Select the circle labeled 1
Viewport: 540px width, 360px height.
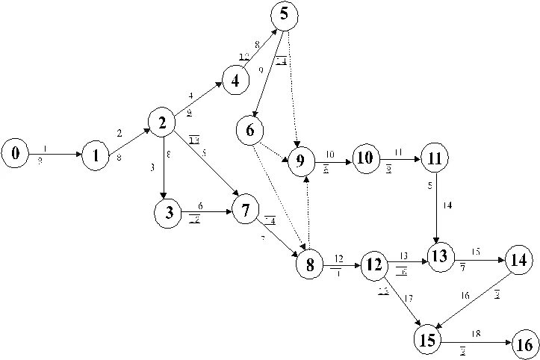96,156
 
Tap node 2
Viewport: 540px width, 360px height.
162,122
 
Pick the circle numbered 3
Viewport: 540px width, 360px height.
169,213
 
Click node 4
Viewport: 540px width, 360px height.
235,81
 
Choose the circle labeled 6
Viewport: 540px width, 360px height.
249,131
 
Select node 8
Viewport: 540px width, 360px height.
309,265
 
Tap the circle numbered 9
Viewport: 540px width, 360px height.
301,160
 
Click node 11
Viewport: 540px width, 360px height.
432,158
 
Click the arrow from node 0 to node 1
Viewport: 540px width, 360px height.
55,155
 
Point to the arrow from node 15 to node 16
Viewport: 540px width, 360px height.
476,341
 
